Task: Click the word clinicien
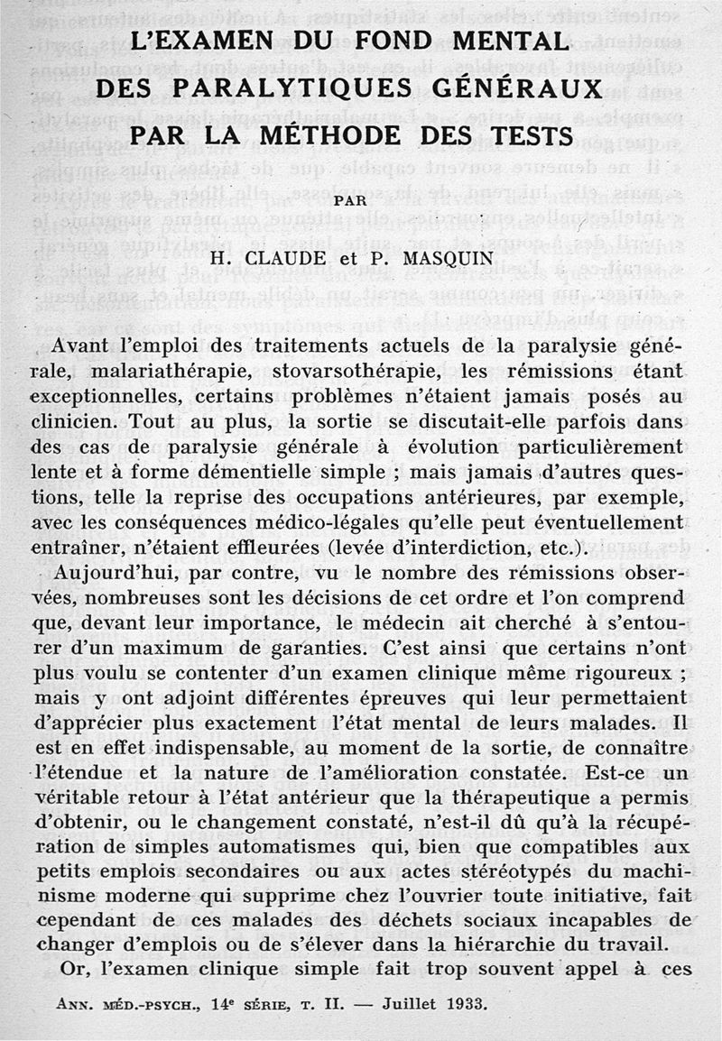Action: pos(79,421)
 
